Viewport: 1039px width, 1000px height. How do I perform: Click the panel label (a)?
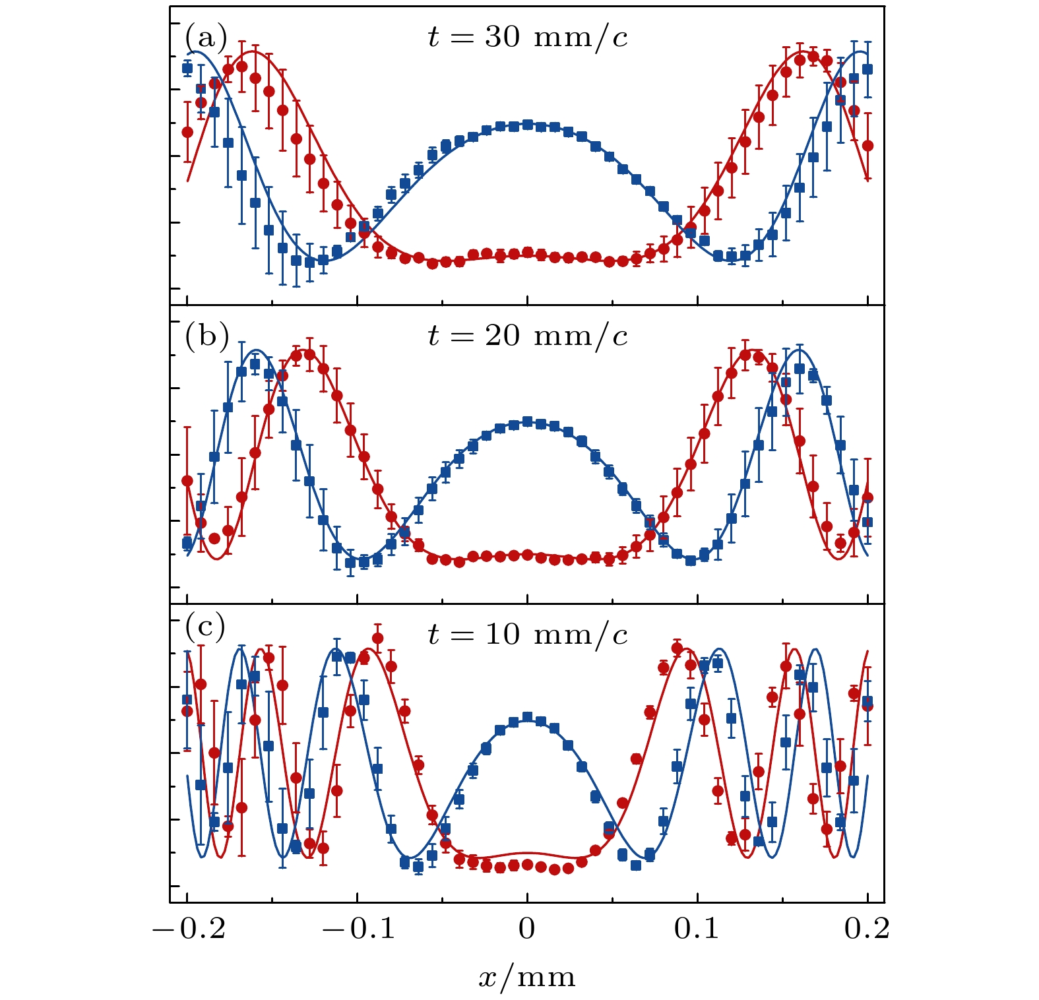[206, 38]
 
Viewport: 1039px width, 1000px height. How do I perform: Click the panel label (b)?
[206, 336]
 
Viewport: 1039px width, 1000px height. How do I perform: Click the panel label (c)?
[205, 626]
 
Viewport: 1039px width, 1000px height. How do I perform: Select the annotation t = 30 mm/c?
[528, 38]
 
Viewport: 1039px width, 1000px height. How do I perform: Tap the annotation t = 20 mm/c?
[528, 336]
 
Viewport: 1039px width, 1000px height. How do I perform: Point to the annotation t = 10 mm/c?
[528, 635]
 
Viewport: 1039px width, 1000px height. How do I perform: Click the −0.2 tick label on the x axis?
[189, 929]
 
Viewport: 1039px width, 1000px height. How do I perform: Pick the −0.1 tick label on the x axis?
[358, 929]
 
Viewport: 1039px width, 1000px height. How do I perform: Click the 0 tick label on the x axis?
[526, 929]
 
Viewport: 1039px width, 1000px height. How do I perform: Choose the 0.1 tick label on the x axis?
[697, 929]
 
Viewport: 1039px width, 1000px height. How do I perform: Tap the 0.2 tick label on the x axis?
[867, 929]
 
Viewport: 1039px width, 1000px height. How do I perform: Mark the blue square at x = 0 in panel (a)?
[527, 124]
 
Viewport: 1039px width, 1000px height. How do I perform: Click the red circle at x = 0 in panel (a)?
[527, 252]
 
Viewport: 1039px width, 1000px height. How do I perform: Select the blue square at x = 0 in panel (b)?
[527, 422]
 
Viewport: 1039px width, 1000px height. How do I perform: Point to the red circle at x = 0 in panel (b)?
[527, 555]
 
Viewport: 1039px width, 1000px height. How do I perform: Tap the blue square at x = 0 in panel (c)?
[527, 717]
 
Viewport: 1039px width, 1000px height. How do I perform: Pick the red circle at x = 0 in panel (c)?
[527, 864]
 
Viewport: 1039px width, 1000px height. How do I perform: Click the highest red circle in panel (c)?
[378, 638]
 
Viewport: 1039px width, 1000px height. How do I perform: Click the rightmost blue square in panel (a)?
[867, 69]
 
